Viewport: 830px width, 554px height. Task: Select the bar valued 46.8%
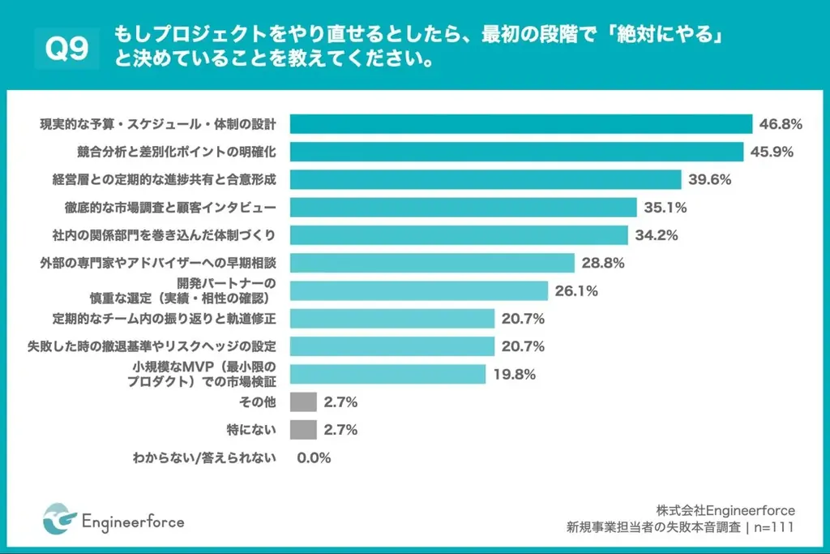pos(521,124)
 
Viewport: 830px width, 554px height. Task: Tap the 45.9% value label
pos(772,152)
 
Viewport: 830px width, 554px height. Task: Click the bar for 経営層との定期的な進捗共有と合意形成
pos(486,179)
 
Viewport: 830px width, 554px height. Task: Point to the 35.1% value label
pos(665,208)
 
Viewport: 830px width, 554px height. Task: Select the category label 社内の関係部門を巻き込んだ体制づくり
pos(159,235)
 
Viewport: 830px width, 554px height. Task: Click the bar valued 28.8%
pos(432,263)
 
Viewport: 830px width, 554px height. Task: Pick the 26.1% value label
pos(576,290)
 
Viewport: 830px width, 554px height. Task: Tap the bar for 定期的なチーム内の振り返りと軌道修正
pos(392,318)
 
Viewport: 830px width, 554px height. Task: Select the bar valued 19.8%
pos(387,374)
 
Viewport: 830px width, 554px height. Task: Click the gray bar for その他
pos(302,402)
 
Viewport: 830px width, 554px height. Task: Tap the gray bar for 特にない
pos(302,430)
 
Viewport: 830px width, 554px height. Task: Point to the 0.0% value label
pos(314,458)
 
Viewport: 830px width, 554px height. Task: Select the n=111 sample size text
pos(772,527)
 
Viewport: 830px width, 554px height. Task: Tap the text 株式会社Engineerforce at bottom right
pos(725,509)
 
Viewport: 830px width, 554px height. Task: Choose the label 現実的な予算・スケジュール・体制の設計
pos(158,124)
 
